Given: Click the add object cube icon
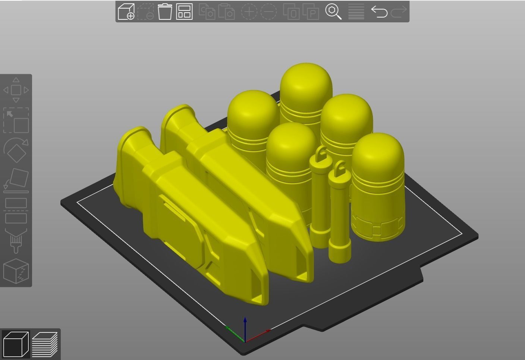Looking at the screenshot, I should (126, 12).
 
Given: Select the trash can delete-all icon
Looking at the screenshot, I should (165, 12).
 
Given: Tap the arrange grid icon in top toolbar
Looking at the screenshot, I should (184, 12).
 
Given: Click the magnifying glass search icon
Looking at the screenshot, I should (333, 12).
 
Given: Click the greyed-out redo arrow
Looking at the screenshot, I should (399, 12).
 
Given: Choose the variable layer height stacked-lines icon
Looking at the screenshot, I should (356, 12).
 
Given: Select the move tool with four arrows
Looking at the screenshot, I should (16, 90).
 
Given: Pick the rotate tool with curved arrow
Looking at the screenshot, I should (16, 150).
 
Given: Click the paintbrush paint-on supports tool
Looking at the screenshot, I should (16, 241).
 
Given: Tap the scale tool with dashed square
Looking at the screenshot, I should (16, 120).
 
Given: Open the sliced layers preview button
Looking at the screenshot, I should (45, 344).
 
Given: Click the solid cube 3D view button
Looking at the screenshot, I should (16, 344).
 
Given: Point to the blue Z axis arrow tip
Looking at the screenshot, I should (245, 319).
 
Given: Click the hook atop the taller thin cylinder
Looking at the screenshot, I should (321, 152).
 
